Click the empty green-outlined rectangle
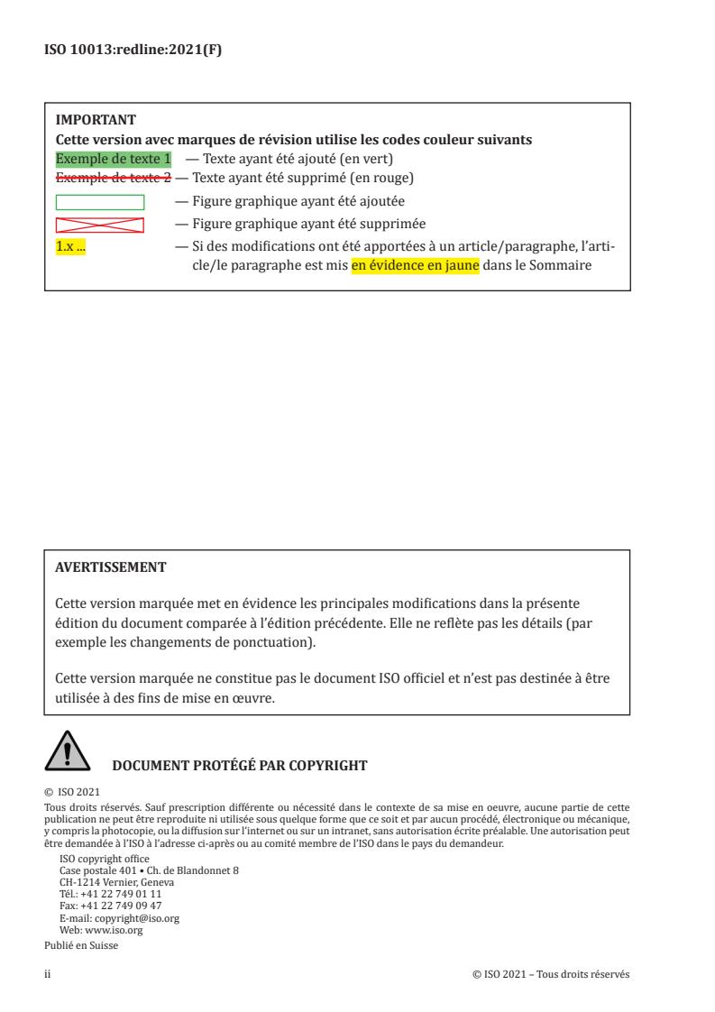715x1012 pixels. [100, 202]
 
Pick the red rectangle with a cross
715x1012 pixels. [100, 224]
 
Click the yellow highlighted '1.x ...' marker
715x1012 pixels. [70, 246]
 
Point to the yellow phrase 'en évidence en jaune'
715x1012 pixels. [416, 265]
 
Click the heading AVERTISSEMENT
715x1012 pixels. [110, 568]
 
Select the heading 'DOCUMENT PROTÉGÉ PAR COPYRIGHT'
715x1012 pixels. [239, 766]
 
